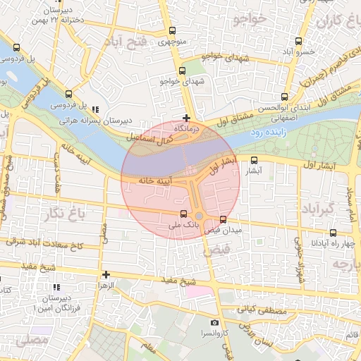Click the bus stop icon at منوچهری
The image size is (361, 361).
point(173,31)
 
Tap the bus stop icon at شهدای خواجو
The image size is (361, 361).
point(183,71)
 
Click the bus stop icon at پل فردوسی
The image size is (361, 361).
point(68,94)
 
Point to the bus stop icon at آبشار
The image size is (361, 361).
point(254,160)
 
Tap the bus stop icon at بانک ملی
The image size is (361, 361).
point(184,214)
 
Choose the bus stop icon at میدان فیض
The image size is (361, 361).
point(224,219)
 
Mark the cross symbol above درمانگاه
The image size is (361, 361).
point(186,118)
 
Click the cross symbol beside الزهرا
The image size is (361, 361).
point(106,274)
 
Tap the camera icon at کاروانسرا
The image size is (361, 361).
point(214,323)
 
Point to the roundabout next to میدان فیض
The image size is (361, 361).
point(200,216)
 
